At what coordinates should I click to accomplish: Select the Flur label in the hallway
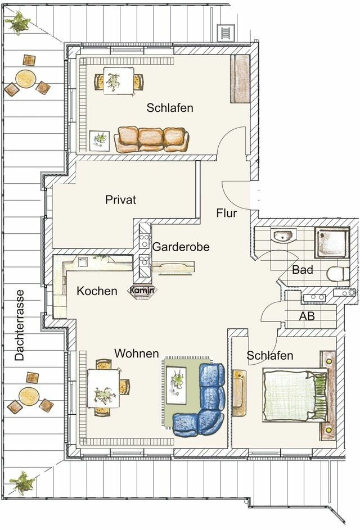(227, 214)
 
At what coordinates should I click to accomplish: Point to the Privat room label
(120, 200)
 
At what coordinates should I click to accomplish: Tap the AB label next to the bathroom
(307, 316)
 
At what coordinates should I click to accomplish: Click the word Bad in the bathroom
(302, 270)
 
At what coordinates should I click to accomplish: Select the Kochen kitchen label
(97, 291)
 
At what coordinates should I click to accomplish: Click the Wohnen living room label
(137, 354)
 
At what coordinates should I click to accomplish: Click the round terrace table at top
(26, 78)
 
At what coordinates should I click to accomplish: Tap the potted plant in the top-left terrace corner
(19, 23)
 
